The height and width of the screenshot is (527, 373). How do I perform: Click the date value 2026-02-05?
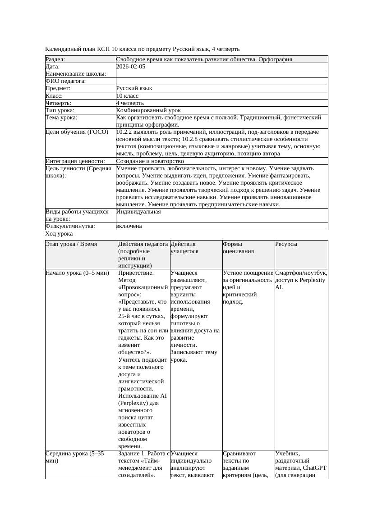point(130,67)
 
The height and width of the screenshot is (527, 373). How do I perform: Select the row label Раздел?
point(55,59)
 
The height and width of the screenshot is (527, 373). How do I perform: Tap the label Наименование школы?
point(76,74)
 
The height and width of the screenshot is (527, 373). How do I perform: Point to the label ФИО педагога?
point(65,81)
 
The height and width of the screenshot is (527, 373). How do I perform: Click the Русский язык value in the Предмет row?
point(134,88)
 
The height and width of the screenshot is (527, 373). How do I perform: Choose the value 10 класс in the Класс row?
point(127,96)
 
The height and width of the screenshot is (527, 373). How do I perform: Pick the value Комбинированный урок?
point(148,110)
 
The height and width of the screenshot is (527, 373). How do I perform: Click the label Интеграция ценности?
point(75,161)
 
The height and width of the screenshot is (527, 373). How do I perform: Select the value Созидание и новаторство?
point(150,161)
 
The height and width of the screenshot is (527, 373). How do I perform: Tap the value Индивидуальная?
point(138,212)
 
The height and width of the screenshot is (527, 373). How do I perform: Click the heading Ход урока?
point(59,234)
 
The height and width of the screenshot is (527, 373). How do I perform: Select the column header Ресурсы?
point(286,244)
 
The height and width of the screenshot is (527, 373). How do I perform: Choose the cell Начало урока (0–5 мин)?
point(77,273)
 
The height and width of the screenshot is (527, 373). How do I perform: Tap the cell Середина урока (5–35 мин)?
point(75,457)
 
